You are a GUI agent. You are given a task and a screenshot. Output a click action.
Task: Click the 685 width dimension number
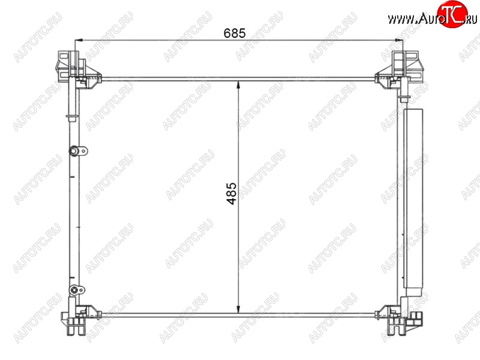coord(235,33)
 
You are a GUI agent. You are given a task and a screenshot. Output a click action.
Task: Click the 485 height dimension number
coord(232,193)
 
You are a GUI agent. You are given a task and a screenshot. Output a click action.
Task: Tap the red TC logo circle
coord(452,14)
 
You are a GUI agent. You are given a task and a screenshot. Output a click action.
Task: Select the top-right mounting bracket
coord(399,70)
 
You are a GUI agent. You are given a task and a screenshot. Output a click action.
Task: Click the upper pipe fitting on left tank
coord(78,151)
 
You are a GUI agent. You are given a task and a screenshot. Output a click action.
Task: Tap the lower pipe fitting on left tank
coord(77,290)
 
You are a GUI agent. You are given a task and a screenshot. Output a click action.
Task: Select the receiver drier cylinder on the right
coord(413,202)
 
